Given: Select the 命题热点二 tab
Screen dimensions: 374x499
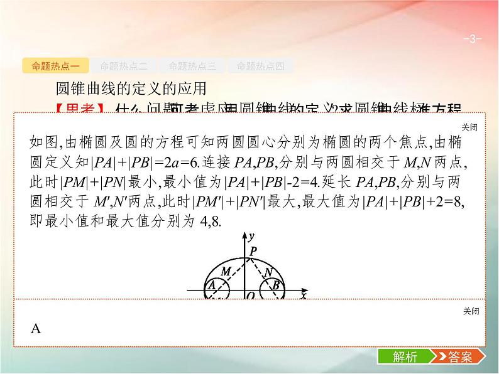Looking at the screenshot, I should (x=123, y=66).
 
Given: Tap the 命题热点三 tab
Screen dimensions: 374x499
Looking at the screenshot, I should (x=192, y=66).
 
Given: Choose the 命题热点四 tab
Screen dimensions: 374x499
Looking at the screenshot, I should (x=260, y=66).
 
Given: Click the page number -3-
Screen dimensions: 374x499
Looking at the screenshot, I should (x=472, y=39).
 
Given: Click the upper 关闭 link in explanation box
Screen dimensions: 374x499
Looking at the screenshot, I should (x=469, y=127).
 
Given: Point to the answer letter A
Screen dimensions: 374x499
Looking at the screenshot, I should (x=35, y=329).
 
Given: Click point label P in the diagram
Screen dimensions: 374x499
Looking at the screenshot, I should (x=253, y=251).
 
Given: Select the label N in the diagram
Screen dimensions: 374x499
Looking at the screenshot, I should (x=268, y=272).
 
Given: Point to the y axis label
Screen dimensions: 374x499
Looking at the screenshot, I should (x=251, y=237).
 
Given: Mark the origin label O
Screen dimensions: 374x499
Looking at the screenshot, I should (x=249, y=296).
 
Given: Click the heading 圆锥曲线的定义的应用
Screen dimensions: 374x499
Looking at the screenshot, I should (x=131, y=88).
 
